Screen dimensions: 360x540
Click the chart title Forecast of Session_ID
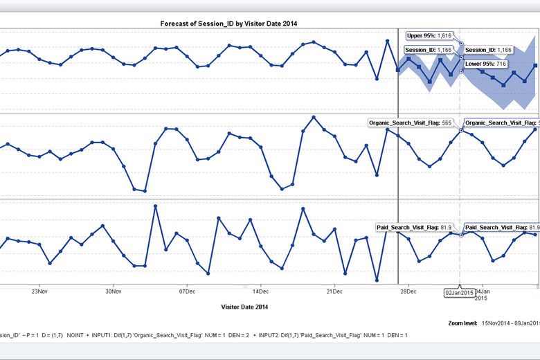pyautogui.click(x=229, y=23)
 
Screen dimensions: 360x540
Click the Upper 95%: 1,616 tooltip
pyautogui.click(x=429, y=35)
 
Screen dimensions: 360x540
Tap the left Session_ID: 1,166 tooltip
pyautogui.click(x=429, y=50)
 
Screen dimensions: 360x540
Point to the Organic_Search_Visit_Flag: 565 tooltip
pyautogui.click(x=411, y=123)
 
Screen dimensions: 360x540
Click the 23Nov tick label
pyautogui.click(x=39, y=292)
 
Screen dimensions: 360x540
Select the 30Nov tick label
pyautogui.click(x=114, y=292)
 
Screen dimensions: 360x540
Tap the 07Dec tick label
pyautogui.click(x=187, y=292)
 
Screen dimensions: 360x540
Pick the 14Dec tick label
pyautogui.click(x=260, y=292)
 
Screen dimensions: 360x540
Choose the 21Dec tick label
pyautogui.click(x=334, y=292)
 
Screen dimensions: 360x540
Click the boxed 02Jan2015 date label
pyautogui.click(x=459, y=294)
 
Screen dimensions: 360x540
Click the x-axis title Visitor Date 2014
pyautogui.click(x=244, y=307)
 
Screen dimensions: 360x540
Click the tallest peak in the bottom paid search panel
pyautogui.click(x=155, y=206)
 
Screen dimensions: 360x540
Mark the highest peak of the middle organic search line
pyautogui.click(x=314, y=117)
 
